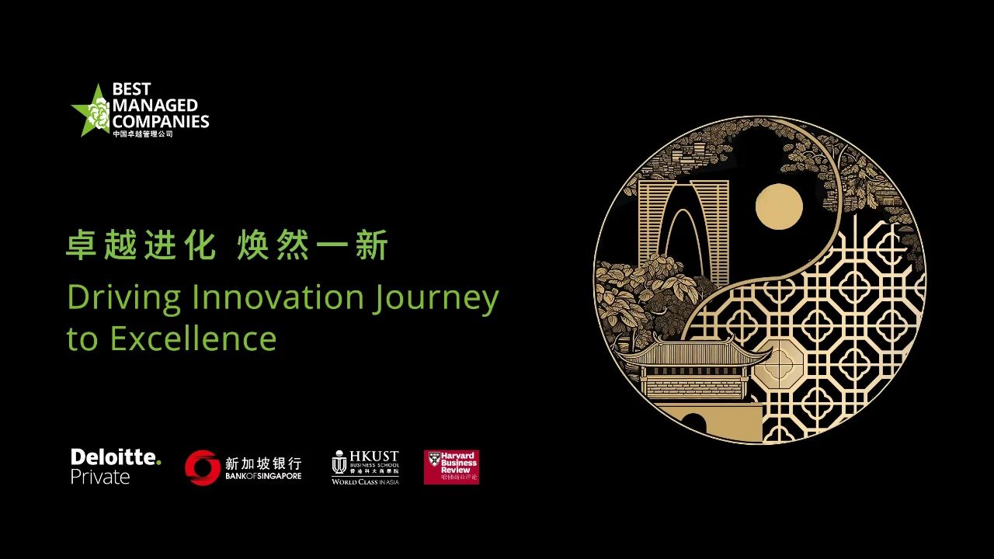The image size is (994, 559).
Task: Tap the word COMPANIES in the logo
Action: point(161,121)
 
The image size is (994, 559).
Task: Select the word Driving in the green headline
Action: point(124,298)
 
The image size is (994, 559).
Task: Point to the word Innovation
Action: point(277,297)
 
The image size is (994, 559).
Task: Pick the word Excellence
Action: point(193,339)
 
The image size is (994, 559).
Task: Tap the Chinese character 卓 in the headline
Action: point(81,246)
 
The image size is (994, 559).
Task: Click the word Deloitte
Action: point(115,457)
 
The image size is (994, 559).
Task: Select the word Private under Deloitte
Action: point(100,477)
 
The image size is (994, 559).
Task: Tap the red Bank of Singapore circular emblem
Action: point(202,467)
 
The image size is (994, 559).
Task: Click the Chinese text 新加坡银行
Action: point(263,463)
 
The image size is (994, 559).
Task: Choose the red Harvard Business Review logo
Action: point(451,467)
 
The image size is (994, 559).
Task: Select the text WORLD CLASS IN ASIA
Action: point(365,482)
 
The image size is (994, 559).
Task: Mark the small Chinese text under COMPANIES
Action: point(143,134)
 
